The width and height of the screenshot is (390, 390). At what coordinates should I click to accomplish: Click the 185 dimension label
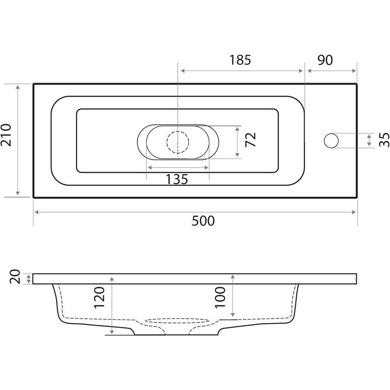pyautogui.click(x=240, y=60)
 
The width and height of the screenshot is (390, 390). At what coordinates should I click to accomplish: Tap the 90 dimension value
pyautogui.click(x=325, y=60)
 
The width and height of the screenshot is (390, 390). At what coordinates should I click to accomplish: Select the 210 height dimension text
pyautogui.click(x=6, y=135)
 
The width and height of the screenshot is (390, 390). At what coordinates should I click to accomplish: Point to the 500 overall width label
pyautogui.click(x=203, y=221)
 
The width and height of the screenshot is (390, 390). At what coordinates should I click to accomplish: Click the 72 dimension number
pyautogui.click(x=250, y=140)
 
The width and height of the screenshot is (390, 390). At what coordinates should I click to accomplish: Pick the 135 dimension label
pyautogui.click(x=177, y=179)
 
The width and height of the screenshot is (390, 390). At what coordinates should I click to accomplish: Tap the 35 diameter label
pyautogui.click(x=384, y=140)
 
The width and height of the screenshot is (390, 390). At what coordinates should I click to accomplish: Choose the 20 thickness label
pyautogui.click(x=15, y=277)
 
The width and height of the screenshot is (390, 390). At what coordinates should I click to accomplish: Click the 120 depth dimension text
pyautogui.click(x=99, y=298)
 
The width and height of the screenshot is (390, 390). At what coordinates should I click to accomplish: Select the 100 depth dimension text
pyautogui.click(x=220, y=298)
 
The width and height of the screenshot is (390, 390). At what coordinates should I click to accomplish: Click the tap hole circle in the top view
pyautogui.click(x=331, y=140)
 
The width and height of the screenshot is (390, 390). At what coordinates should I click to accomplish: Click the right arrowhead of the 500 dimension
pyautogui.click(x=354, y=212)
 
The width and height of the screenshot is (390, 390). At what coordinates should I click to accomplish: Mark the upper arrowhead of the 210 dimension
pyautogui.click(x=18, y=87)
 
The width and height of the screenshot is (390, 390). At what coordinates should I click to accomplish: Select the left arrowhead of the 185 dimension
pyautogui.click(x=183, y=71)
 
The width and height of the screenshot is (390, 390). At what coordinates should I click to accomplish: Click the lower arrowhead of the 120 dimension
pyautogui.click(x=112, y=331)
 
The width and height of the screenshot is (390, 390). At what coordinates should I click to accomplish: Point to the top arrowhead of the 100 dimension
pyautogui.click(x=232, y=277)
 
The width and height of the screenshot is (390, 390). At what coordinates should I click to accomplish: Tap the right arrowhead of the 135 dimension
pyautogui.click(x=206, y=167)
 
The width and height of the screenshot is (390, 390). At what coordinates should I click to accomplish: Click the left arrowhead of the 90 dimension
pyautogui.click(x=310, y=71)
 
